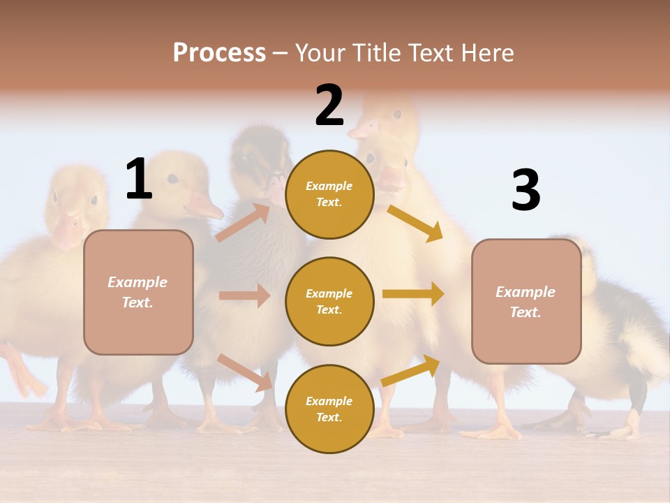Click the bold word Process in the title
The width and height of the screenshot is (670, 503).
coord(219,52)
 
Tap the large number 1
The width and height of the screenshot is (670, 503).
coord(139,179)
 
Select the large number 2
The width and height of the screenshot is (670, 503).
coord(329,105)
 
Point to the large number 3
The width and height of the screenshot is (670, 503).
coord(526,191)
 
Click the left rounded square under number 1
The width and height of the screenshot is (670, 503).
coord(138,292)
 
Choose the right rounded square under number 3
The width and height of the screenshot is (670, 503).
coord(526,301)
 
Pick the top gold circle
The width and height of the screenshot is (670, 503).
coord(329,194)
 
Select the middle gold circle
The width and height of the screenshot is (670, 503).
coord(329,301)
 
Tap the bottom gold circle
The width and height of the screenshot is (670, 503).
coord(329,409)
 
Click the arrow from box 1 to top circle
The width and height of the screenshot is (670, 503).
coord(243,222)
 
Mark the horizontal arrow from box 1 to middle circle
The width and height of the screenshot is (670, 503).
coord(244,296)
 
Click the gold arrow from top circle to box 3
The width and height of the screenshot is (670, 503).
coord(415,223)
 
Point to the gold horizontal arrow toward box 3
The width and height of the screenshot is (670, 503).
coord(413,293)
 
